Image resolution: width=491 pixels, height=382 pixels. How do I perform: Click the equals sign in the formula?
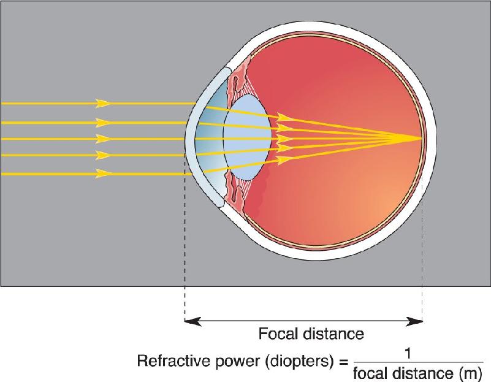click(343, 362)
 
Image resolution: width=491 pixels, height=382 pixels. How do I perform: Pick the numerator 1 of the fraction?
click(408, 354)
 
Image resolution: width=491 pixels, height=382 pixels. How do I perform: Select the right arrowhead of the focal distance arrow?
click(414, 321)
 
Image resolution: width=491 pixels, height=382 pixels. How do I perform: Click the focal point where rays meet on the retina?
click(421, 139)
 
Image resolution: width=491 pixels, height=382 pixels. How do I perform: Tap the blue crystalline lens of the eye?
click(248, 138)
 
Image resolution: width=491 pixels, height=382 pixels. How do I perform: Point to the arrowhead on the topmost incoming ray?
click(103, 103)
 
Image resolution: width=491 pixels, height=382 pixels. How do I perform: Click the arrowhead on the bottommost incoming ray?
click(103, 174)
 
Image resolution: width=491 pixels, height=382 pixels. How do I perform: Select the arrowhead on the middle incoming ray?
click(103, 139)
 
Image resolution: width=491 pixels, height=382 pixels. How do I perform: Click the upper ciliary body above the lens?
click(237, 80)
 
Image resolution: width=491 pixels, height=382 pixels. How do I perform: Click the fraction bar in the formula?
click(418, 362)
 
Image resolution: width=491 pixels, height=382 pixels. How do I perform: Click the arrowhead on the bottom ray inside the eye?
click(283, 159)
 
